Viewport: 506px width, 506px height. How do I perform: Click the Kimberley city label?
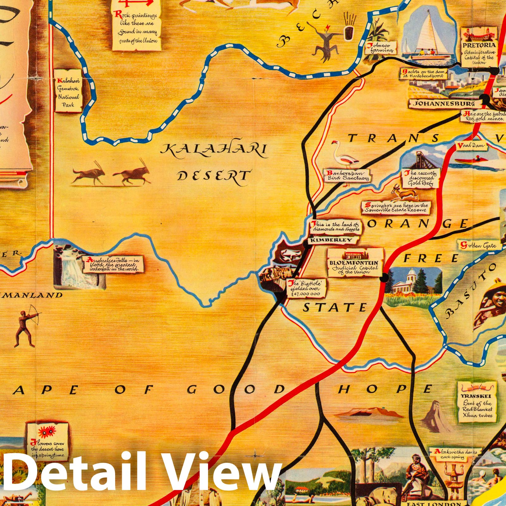pos(331,240)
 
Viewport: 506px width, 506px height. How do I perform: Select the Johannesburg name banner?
pos(445,104)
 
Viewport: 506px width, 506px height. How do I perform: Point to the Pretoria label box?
pos(479,47)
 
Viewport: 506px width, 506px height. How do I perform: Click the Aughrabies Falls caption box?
pos(113,264)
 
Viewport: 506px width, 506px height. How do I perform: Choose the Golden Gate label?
pos(478,245)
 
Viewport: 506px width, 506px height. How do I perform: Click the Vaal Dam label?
pos(470,146)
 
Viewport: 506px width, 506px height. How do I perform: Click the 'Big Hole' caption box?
pos(306,288)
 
